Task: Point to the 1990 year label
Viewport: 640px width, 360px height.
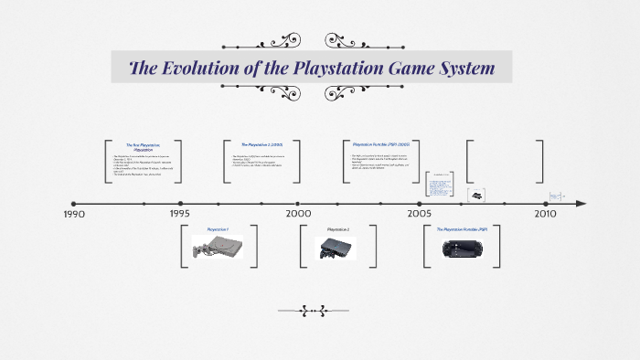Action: click(74, 214)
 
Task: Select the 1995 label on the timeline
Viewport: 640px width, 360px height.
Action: click(180, 214)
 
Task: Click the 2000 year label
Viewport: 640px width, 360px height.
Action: click(298, 214)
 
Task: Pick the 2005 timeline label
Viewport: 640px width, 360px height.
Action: click(420, 214)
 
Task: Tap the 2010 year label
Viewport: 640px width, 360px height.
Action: click(545, 214)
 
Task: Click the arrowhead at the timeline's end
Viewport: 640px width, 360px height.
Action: click(581, 204)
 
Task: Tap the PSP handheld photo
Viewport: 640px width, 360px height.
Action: click(462, 248)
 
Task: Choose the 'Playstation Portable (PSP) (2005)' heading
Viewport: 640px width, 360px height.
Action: click(381, 144)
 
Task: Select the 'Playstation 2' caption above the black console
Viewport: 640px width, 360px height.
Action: click(337, 228)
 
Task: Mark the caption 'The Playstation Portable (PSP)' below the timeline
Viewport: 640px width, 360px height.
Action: click(462, 228)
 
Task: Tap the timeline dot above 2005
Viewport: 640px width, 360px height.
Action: click(421, 204)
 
